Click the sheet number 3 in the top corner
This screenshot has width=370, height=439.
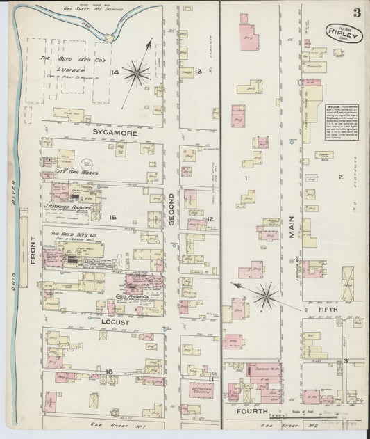(x=355, y=12)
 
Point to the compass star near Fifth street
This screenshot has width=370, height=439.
(x=265, y=297)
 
